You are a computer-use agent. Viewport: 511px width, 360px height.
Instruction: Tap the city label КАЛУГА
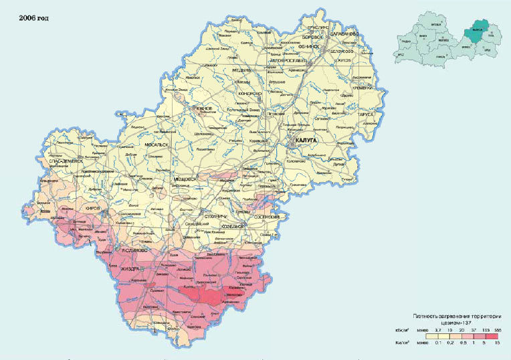tap(304, 141)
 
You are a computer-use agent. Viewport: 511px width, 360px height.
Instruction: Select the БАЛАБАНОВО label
tap(345, 33)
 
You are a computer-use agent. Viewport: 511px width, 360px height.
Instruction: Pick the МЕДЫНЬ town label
tap(241, 70)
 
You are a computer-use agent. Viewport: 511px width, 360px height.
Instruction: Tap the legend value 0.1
tap(438, 343)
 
